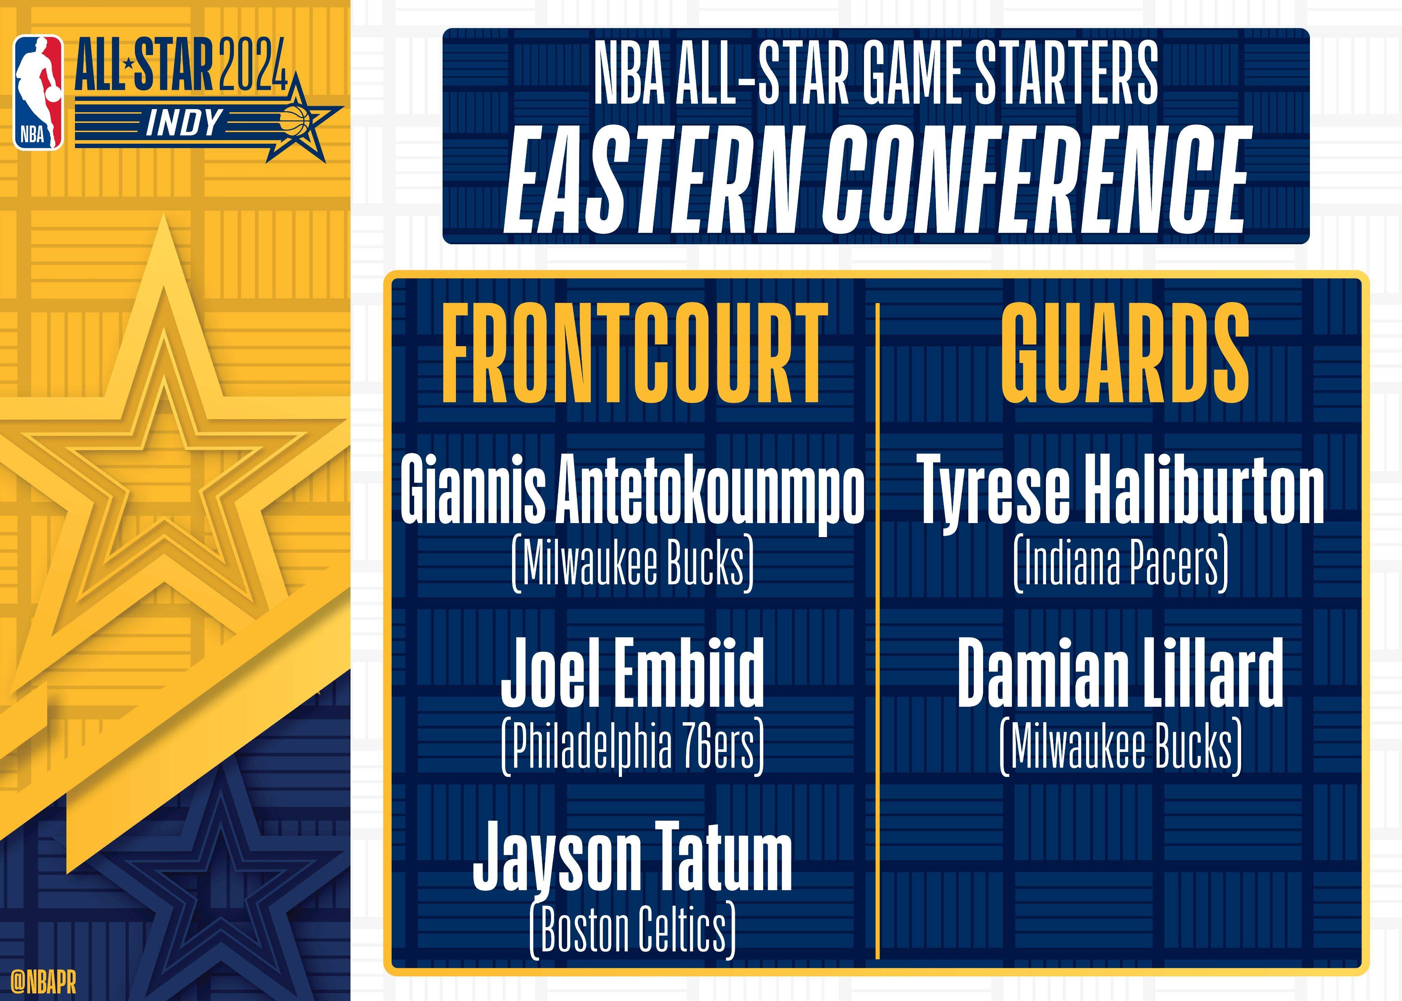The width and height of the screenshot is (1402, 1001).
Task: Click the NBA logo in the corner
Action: [38, 92]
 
